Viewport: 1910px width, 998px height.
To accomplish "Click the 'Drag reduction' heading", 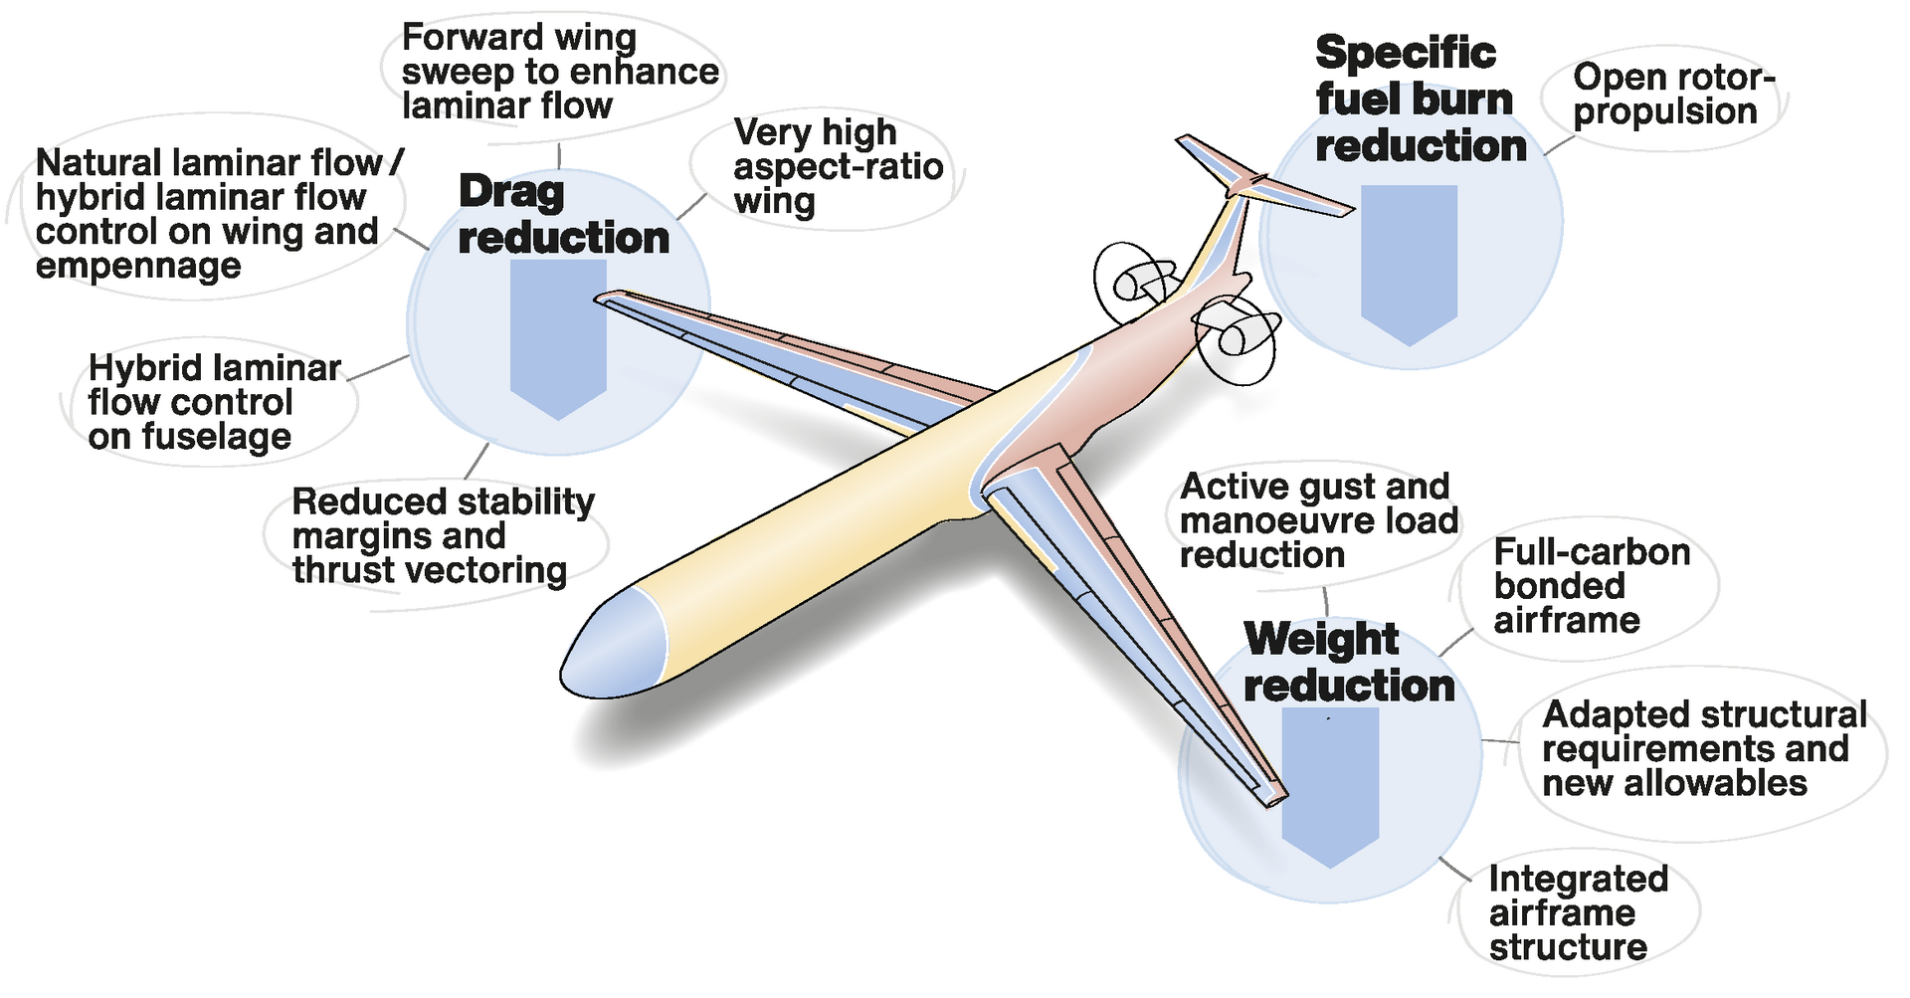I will [563, 215].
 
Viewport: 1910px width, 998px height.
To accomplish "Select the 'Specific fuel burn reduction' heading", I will [1420, 100].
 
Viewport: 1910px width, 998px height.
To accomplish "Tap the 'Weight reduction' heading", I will [1348, 663].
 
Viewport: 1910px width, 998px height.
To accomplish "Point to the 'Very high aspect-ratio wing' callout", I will [838, 167].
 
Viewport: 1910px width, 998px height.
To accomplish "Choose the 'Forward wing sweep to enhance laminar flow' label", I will [559, 72].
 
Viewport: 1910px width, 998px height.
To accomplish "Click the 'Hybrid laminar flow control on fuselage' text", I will [213, 402].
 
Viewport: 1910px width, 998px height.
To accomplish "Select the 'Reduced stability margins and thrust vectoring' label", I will [443, 535].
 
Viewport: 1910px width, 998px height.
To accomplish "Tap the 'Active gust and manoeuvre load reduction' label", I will [1318, 520].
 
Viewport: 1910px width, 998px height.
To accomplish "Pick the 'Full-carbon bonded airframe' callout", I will [1591, 586].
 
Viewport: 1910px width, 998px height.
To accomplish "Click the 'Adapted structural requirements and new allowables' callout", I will [1704, 748].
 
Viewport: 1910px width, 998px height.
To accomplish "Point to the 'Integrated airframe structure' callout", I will [1577, 912].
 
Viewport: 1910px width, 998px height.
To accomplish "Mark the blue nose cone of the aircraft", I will [617, 645].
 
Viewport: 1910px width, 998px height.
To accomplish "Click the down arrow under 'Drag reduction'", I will [558, 338].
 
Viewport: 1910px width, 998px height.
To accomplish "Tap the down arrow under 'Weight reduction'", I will [1330, 786].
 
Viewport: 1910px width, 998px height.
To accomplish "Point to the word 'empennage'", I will [138, 267].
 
